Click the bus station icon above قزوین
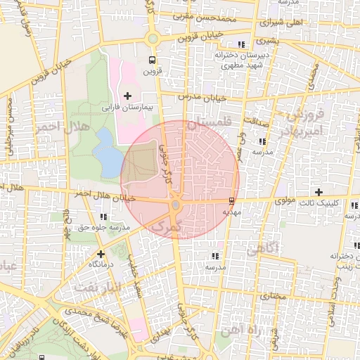pyautogui.click(x=152, y=60)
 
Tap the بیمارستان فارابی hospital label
pyautogui.click(x=127, y=108)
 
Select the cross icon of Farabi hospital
pyautogui.click(x=127, y=96)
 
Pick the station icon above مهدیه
pyautogui.click(x=232, y=201)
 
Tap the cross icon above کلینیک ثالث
pyautogui.click(x=319, y=192)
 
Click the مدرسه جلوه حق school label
pyautogui.click(x=105, y=227)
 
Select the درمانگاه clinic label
pyautogui.click(x=101, y=264)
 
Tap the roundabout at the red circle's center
pyautogui.click(x=175, y=205)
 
